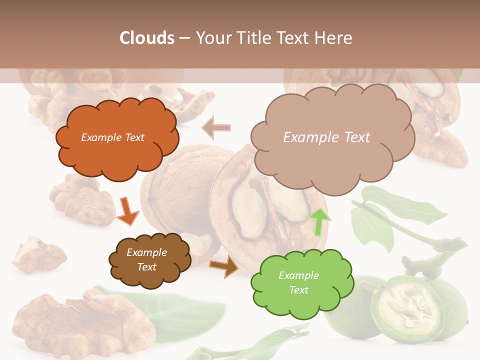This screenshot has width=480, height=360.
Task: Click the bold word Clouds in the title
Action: [147, 38]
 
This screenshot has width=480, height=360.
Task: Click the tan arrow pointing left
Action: [216, 127]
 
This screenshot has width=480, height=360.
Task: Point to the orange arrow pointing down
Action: [127, 210]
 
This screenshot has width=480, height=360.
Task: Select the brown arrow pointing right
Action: [224, 266]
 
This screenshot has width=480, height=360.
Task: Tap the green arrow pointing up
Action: [320, 221]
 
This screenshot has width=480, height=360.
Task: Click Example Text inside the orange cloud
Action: [113, 137]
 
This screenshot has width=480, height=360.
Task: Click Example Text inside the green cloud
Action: [298, 282]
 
